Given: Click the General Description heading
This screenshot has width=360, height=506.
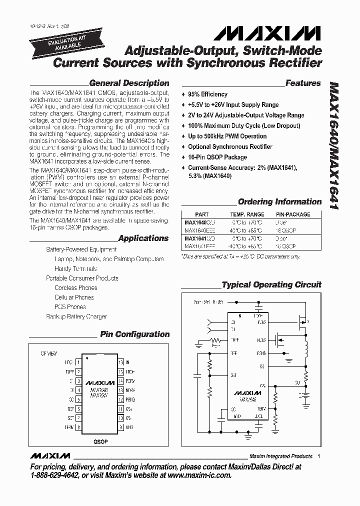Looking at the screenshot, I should (129, 83).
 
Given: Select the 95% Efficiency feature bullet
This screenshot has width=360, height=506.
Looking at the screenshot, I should (207, 94).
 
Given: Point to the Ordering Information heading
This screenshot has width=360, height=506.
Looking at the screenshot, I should (279, 202).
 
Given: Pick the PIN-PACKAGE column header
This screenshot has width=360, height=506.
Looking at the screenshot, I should (293, 214).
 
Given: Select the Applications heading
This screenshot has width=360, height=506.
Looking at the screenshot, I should (143, 238).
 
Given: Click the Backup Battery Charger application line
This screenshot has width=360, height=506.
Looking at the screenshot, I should (76, 316).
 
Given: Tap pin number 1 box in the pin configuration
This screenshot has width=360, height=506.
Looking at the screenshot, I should (78, 361).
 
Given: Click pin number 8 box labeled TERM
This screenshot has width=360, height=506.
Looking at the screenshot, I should (78, 427).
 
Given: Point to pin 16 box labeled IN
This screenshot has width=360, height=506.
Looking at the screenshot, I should (120, 361).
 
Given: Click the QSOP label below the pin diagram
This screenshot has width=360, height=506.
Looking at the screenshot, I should (100, 442).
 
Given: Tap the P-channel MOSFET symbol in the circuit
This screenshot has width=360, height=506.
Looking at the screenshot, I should (302, 322).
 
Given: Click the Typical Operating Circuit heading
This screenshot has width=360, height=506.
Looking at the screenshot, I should (271, 285).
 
